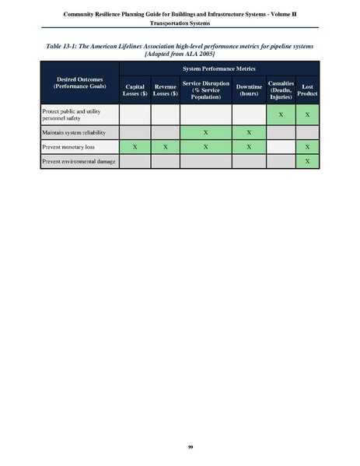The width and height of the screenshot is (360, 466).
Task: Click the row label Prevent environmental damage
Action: (75, 161)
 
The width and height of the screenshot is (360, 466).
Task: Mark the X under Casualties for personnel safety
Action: (281, 116)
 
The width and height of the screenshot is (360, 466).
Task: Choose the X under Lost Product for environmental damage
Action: (309, 161)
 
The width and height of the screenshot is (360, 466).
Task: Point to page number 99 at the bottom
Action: (180, 447)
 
